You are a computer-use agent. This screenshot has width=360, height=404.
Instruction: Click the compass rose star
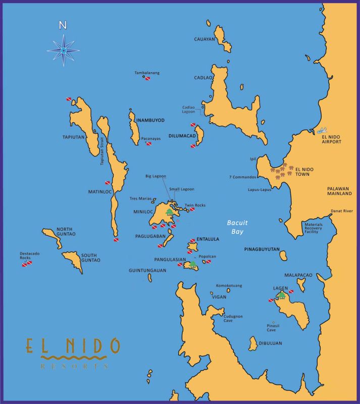[64, 50]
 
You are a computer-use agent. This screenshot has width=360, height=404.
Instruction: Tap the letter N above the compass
[63, 25]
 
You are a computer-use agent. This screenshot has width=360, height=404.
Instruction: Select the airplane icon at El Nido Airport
[323, 130]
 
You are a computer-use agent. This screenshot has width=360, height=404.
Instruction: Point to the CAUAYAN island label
[204, 39]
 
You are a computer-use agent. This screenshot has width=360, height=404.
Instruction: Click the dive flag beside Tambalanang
[148, 78]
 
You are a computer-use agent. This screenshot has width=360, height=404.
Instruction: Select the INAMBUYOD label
[150, 120]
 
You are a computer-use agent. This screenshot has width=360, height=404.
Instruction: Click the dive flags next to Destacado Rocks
[26, 263]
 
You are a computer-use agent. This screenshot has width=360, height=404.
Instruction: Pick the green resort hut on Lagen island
[282, 295]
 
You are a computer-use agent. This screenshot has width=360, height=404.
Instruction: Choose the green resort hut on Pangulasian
[192, 264]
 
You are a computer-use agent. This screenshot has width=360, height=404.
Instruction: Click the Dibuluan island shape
[253, 344]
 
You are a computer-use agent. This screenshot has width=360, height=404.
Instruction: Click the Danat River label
[341, 210]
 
